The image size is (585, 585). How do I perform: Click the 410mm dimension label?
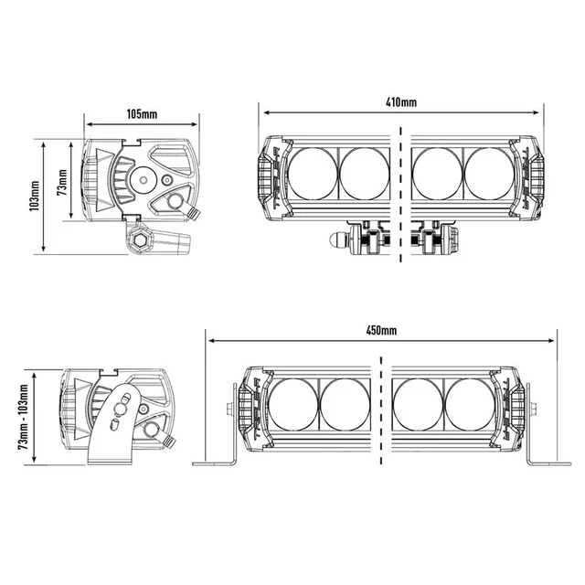tap(400, 103)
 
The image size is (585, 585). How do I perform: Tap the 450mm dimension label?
tap(381, 329)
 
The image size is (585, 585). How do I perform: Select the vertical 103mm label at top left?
tap(34, 195)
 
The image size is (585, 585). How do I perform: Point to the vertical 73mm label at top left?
tap(62, 182)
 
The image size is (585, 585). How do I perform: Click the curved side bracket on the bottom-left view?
tap(117, 425)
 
